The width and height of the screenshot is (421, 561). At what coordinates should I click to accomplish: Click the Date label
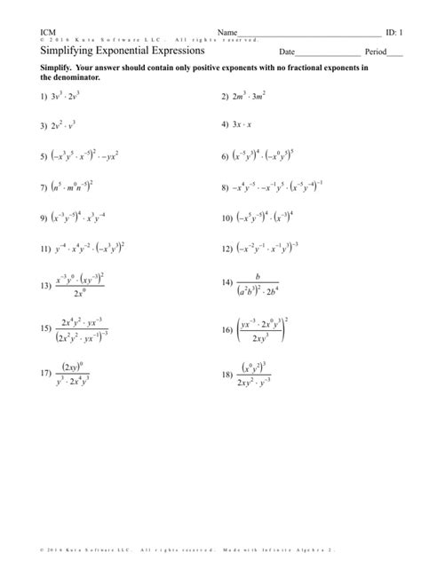[x=287, y=53]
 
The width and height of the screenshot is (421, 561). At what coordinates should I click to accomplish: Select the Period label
[x=364, y=53]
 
